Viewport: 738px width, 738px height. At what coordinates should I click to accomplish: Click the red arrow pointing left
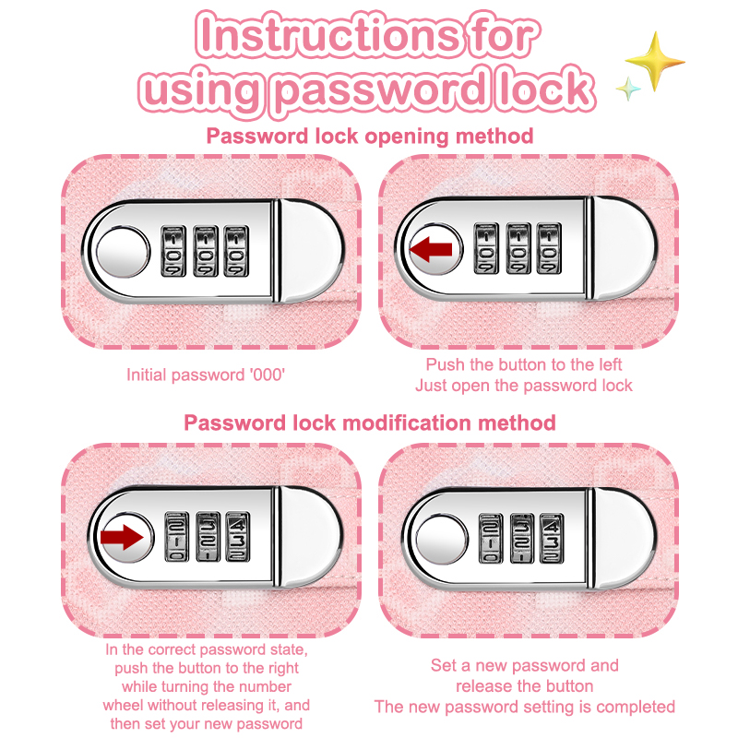[431, 249]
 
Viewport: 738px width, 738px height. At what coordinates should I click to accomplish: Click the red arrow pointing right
[122, 537]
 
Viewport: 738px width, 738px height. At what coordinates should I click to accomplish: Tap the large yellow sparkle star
[655, 61]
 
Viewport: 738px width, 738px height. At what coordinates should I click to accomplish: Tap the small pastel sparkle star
[628, 89]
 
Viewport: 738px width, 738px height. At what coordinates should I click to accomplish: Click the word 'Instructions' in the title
[328, 35]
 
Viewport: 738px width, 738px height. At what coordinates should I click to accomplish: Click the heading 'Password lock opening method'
[370, 137]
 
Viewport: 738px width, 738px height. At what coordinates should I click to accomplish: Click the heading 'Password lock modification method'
[370, 423]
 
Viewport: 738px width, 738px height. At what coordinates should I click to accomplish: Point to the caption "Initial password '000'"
[206, 375]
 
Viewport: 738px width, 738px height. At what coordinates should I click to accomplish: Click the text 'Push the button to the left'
[524, 364]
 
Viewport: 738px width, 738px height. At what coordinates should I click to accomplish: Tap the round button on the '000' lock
[123, 251]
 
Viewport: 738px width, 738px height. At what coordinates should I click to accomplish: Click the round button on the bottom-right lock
[442, 539]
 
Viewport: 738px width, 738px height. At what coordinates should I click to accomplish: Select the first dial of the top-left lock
[173, 251]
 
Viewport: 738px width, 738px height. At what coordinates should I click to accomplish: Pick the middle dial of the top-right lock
[518, 248]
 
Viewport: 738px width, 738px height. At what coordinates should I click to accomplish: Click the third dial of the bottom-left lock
[238, 537]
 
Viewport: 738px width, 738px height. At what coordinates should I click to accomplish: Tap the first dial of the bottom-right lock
[491, 539]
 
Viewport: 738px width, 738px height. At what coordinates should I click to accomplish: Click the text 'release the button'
[524, 685]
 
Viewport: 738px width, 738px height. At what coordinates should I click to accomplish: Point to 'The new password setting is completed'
[524, 707]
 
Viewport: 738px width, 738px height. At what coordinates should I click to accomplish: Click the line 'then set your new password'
[206, 723]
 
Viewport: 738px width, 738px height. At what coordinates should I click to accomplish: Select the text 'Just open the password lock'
[524, 386]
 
